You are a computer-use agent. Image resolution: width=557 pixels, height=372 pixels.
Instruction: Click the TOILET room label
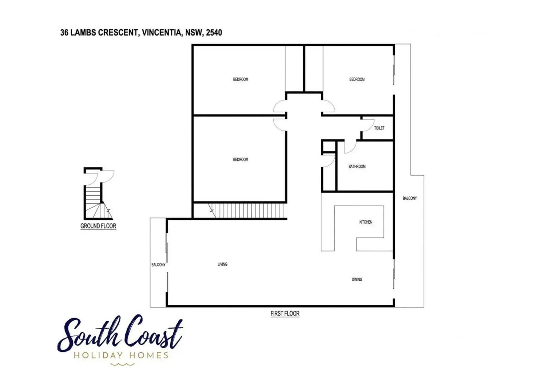pos(379,128)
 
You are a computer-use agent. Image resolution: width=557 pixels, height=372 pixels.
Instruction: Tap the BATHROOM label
pos(357,166)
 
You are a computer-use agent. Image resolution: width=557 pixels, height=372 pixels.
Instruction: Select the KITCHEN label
pos(366,222)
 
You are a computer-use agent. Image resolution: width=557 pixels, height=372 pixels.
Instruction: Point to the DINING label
pos(357,280)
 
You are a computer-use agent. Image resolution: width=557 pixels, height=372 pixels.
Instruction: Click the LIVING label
pos(222,265)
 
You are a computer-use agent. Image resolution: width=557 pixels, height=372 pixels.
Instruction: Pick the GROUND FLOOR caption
pos(98,226)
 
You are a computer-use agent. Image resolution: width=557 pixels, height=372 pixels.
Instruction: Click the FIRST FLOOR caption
pos(285,313)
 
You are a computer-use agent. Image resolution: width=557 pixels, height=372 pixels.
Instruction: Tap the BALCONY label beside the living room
pos(159,265)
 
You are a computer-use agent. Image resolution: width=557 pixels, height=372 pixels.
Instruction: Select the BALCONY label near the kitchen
pos(410,198)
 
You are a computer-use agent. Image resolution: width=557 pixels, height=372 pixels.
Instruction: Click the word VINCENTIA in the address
pos(162,33)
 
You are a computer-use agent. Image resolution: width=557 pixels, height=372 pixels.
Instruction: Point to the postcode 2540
pos(214,33)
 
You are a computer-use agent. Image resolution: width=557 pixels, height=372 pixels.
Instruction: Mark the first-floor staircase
pos(248,210)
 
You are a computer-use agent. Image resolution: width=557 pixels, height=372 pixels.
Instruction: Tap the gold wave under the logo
pos(122,364)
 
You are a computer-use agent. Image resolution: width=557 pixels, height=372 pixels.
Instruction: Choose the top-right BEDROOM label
pos(357,80)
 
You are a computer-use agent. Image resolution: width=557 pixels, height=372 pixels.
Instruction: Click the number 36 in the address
pos(64,33)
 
